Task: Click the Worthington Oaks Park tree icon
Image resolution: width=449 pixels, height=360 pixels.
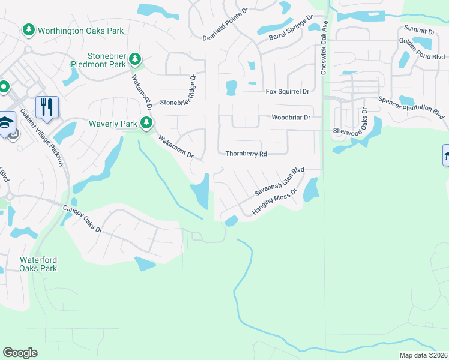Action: click(x=28, y=29)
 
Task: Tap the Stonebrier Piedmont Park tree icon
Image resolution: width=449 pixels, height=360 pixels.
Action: click(x=136, y=59)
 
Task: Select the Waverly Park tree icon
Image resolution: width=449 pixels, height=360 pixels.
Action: click(x=146, y=124)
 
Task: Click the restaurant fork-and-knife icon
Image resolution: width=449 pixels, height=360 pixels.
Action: click(x=47, y=107)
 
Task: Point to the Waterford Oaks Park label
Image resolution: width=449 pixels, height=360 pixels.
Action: click(x=38, y=264)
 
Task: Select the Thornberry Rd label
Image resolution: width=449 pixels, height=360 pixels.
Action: click(x=246, y=154)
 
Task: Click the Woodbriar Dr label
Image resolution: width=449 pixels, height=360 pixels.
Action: click(x=291, y=118)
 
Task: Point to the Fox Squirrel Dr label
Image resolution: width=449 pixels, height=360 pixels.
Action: click(x=287, y=91)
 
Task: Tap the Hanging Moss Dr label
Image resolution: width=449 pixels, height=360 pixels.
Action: click(x=275, y=203)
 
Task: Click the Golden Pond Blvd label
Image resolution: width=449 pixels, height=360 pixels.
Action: click(x=424, y=41)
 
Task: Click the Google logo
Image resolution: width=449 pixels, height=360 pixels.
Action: click(x=20, y=353)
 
